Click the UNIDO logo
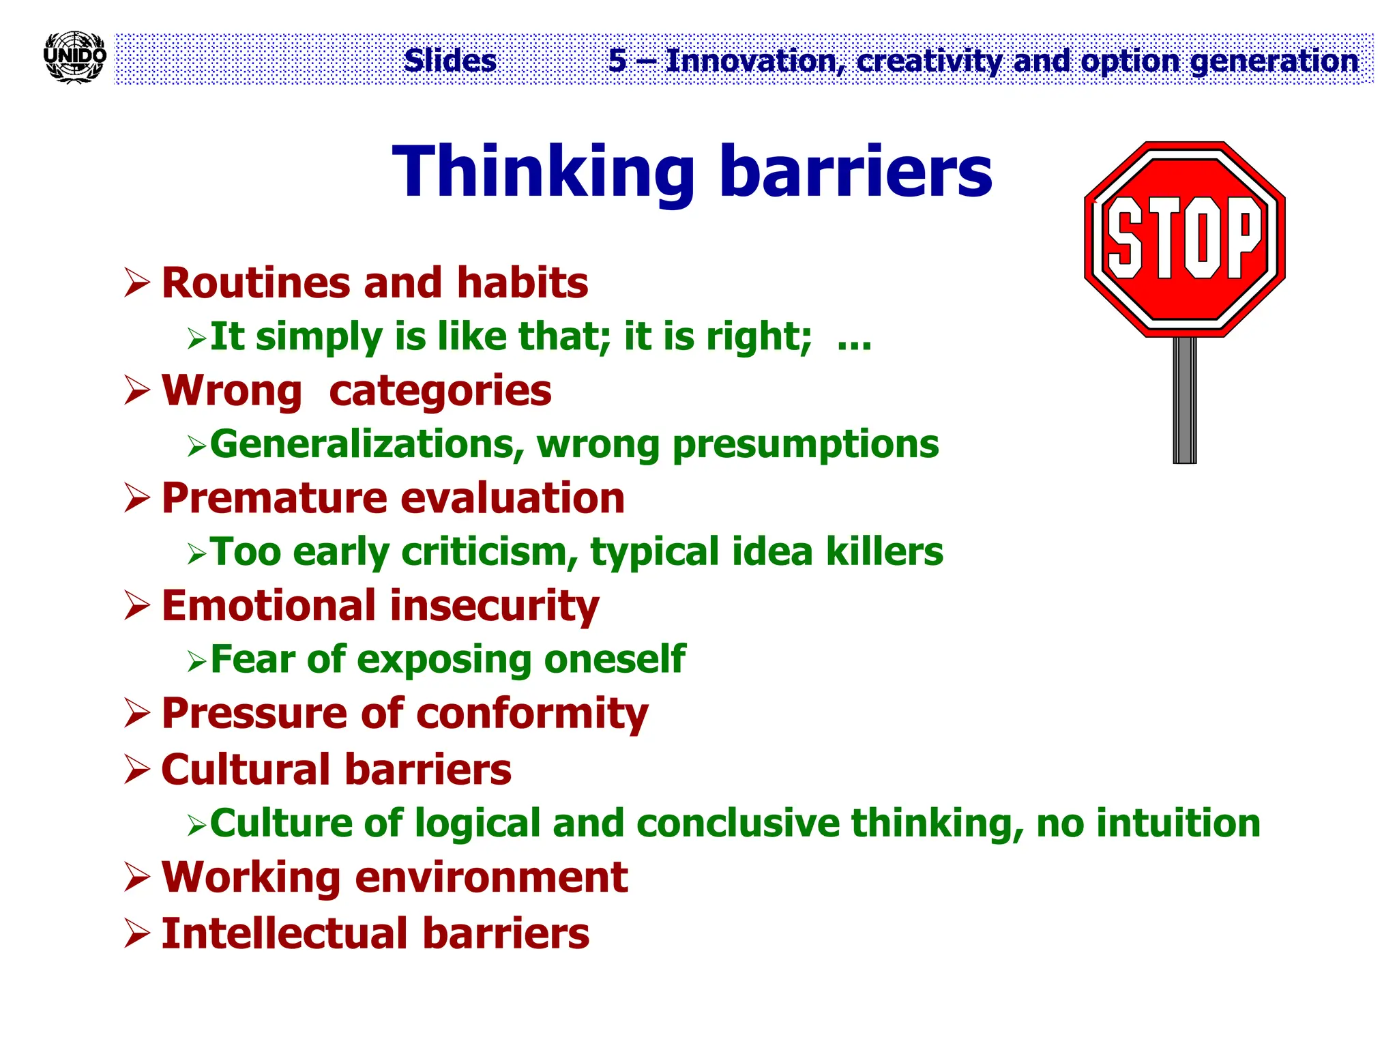74,57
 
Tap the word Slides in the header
450,60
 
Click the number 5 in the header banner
617,60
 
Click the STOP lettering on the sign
1184,238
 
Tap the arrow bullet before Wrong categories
137,391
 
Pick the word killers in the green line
885,551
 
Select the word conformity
532,714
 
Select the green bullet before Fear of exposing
196,661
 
